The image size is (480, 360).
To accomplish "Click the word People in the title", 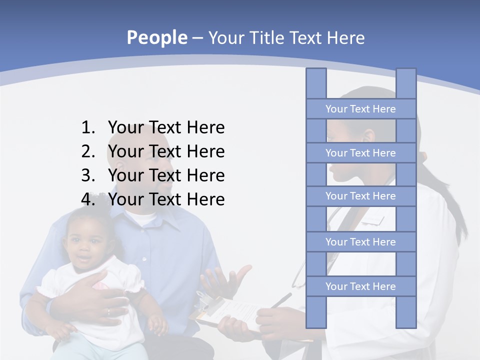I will [x=156, y=37].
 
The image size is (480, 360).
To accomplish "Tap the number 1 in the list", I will [x=87, y=127].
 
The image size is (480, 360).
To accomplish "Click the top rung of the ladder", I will [x=360, y=108].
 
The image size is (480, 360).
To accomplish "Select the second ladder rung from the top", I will [x=360, y=152].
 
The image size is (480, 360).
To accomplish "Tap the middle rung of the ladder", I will [x=360, y=196].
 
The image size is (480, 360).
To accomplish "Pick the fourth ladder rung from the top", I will [x=360, y=241].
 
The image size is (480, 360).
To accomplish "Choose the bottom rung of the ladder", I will [x=360, y=286].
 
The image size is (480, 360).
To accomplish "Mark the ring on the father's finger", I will [x=108, y=312].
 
